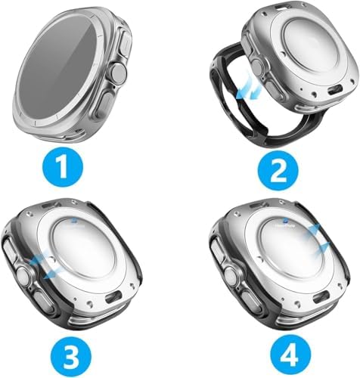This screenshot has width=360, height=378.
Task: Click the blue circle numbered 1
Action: pos(63,169)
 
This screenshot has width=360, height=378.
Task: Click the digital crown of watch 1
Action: pos(118,73)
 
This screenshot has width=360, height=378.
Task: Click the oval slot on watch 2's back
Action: pos(335,90)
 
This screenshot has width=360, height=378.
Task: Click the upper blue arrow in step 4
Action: pos(310,231)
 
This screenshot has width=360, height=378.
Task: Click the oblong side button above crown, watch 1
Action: pos(126,44)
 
